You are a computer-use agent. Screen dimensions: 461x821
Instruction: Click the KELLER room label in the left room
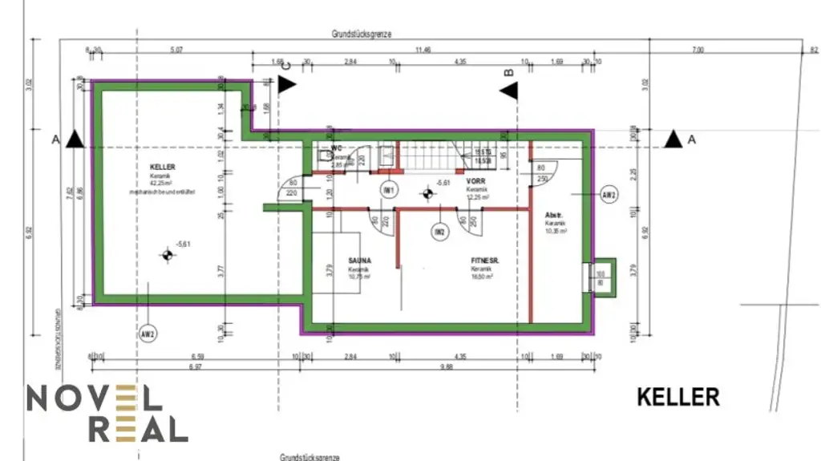click(162, 167)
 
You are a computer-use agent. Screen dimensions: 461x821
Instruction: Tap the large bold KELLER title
click(678, 397)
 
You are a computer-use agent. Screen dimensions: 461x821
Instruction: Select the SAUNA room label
click(359, 261)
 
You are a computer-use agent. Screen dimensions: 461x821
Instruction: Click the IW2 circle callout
click(439, 233)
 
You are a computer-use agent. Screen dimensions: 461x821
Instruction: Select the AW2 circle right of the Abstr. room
click(609, 195)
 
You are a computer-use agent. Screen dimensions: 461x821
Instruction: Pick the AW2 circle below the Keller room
click(147, 334)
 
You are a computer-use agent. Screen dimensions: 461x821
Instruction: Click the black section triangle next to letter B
click(508, 91)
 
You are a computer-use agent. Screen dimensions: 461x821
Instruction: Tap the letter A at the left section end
click(55, 140)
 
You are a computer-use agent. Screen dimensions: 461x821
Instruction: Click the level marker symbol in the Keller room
click(167, 256)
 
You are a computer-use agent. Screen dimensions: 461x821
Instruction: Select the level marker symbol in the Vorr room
click(427, 193)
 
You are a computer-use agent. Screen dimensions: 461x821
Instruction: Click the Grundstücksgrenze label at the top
click(361, 34)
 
